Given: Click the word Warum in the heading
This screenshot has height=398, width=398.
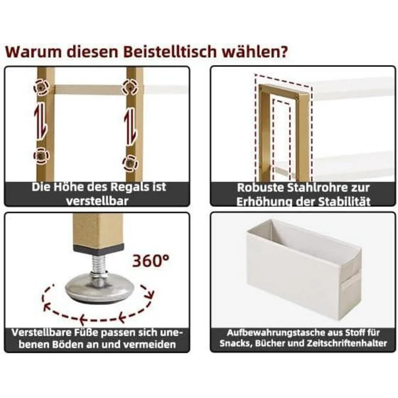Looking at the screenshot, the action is [34, 52].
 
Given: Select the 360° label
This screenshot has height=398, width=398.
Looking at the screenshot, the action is [151, 260].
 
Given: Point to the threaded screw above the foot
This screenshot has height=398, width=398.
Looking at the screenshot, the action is [99, 264].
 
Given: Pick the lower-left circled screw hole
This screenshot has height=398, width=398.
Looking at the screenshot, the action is [42, 155].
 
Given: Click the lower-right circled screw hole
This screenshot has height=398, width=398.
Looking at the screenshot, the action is [130, 163].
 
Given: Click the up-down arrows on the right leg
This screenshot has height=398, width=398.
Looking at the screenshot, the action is [130, 127].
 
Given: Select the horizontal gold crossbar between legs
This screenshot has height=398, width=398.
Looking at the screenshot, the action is [89, 90].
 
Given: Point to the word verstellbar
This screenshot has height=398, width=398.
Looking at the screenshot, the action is [97, 201].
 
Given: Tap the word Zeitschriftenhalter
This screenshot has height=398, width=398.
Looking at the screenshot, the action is [347, 343].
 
